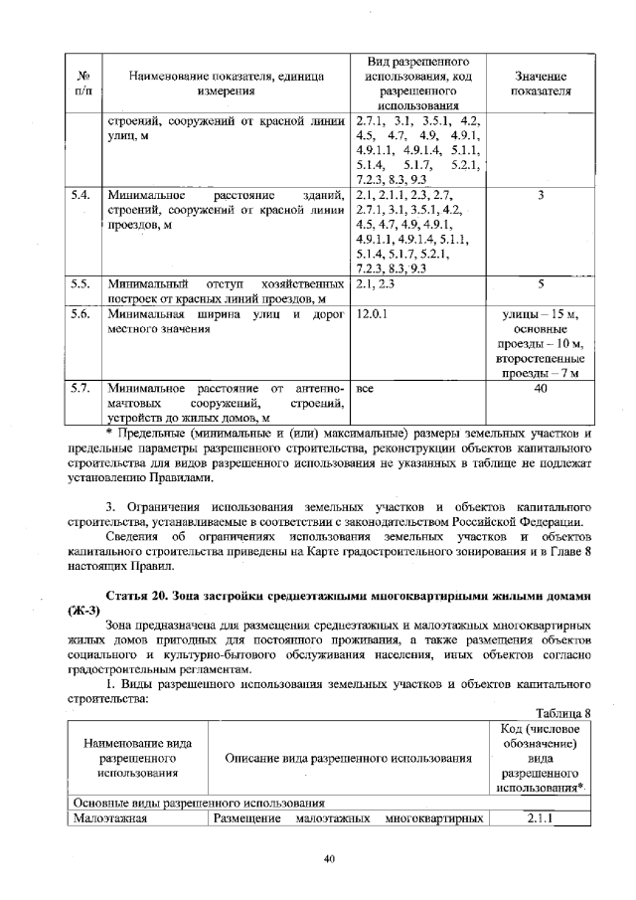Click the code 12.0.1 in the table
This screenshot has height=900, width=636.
tap(371, 315)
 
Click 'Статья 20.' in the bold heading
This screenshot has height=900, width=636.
tap(140, 594)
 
